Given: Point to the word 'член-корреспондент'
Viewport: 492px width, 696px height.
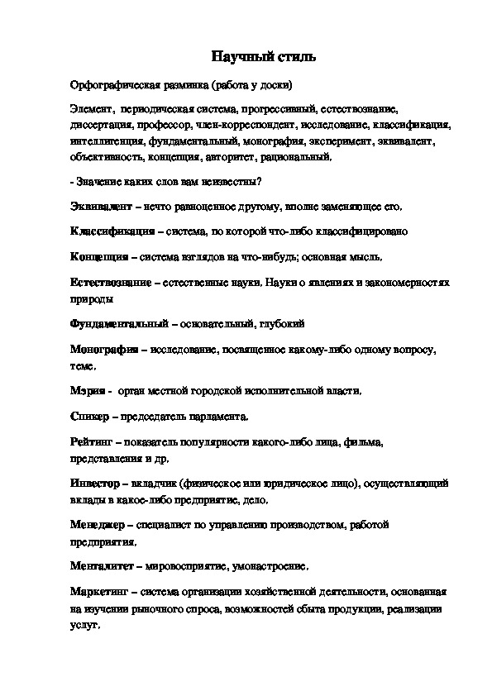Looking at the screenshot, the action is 235,126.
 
